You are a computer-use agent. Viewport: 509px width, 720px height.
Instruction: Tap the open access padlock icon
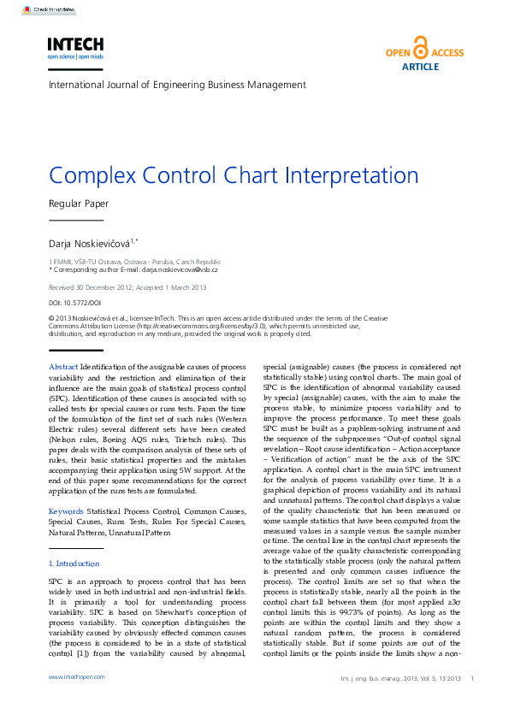click(x=420, y=48)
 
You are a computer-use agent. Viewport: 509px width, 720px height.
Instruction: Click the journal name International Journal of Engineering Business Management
click(x=177, y=86)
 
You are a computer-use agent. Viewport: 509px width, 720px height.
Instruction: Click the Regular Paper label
click(x=79, y=204)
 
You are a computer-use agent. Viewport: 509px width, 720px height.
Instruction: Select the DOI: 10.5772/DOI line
click(x=75, y=303)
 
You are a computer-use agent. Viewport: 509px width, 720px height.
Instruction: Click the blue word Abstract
click(x=63, y=367)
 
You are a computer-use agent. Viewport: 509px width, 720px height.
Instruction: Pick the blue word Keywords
click(x=66, y=511)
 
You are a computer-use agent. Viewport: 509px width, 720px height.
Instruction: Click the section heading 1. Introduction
click(x=74, y=564)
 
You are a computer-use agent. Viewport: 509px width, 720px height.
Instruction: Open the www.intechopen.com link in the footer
click(x=76, y=677)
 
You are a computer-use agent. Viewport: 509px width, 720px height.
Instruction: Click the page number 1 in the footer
click(x=472, y=678)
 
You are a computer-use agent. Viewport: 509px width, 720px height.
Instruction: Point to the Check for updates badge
click(x=49, y=10)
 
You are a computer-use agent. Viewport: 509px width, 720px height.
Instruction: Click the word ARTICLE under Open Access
click(x=420, y=67)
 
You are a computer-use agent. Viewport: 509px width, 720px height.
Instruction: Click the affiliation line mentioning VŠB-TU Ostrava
click(x=135, y=261)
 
